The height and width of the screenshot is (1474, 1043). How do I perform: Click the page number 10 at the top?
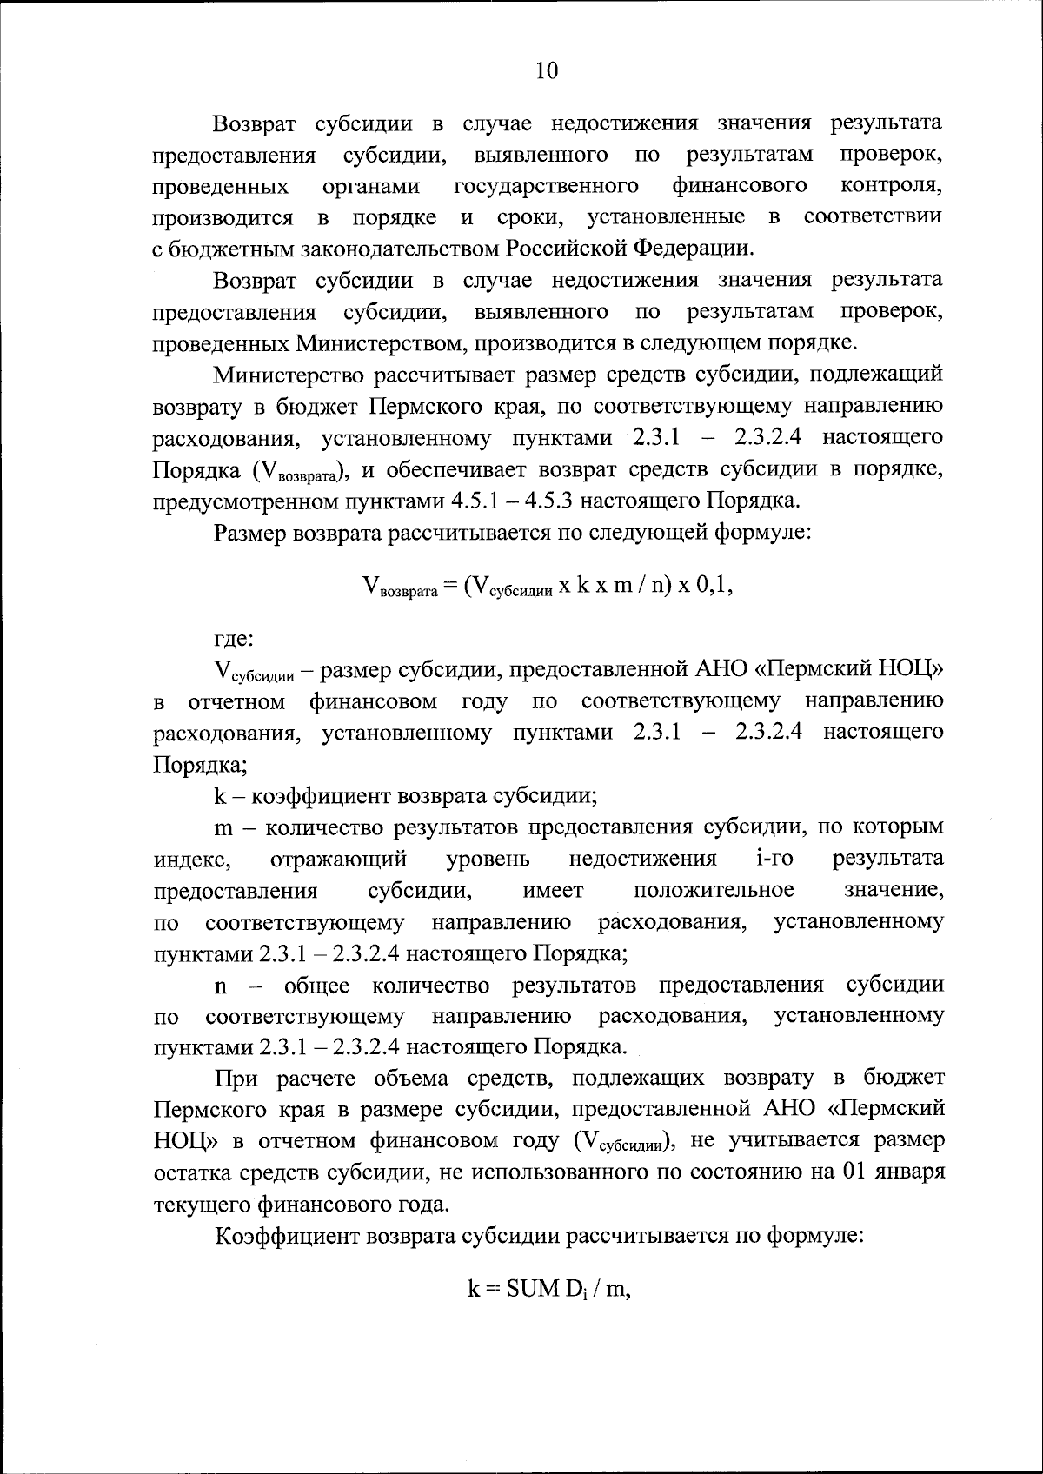(547, 70)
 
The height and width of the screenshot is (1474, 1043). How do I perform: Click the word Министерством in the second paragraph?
(378, 342)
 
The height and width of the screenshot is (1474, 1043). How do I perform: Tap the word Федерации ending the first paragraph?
(692, 248)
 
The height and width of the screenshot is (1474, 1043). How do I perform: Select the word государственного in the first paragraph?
(547, 186)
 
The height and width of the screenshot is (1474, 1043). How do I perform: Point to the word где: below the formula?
(234, 640)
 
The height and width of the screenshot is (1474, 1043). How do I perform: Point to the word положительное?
(714, 891)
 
